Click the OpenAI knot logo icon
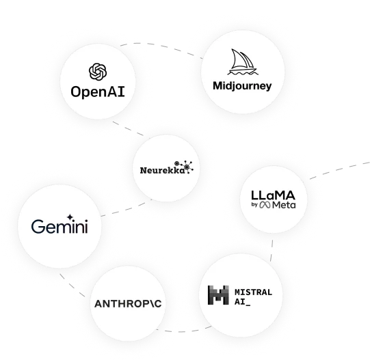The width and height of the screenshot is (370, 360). [98, 72]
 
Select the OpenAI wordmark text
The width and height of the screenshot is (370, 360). [98, 92]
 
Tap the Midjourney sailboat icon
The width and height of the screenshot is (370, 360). [243, 61]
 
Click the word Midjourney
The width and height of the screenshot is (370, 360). [242, 86]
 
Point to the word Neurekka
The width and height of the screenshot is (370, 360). [163, 170]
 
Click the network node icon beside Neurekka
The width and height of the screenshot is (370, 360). [184, 167]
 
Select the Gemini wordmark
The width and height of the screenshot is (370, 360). [60, 226]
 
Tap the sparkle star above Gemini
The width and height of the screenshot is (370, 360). [70, 217]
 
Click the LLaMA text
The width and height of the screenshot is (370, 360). [273, 195]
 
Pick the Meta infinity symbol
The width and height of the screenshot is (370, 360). [265, 205]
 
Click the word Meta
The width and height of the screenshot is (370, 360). [284, 205]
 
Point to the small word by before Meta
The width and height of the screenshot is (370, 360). [254, 205]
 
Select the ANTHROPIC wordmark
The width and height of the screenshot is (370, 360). [128, 304]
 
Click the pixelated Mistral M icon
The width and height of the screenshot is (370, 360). [218, 295]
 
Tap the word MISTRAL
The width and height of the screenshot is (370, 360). [254, 292]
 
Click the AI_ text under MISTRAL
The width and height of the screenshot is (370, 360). [242, 302]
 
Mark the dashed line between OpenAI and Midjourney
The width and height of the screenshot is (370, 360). [161, 46]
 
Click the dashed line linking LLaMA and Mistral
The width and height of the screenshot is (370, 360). [272, 251]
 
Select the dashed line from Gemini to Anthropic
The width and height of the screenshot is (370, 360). [72, 286]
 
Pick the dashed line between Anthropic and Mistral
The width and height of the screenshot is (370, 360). [184, 331]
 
